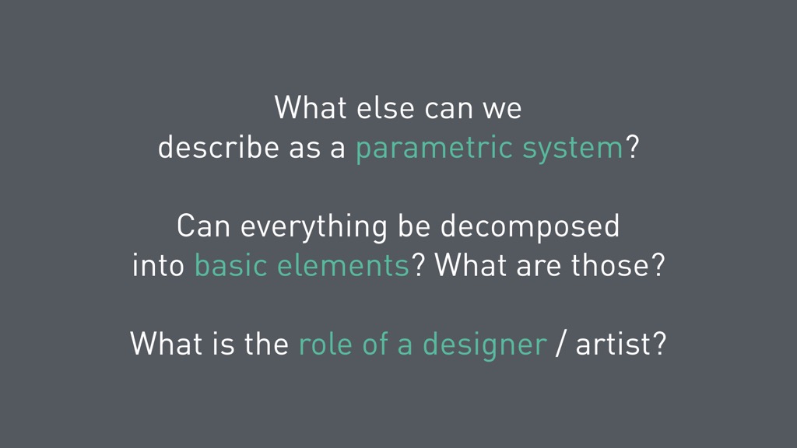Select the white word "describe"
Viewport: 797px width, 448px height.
tap(219, 147)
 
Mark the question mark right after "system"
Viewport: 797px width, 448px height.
tap(632, 147)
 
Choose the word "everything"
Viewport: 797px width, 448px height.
tap(314, 227)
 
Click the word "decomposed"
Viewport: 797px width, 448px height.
tap(530, 227)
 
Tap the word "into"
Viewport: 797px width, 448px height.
tap(158, 264)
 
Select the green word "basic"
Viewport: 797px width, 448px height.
tap(231, 264)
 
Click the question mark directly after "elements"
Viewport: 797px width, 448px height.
tap(418, 264)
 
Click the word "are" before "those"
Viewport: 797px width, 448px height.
tap(539, 268)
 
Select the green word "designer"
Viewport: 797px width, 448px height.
tap(485, 345)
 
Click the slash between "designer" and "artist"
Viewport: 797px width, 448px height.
tap(560, 344)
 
